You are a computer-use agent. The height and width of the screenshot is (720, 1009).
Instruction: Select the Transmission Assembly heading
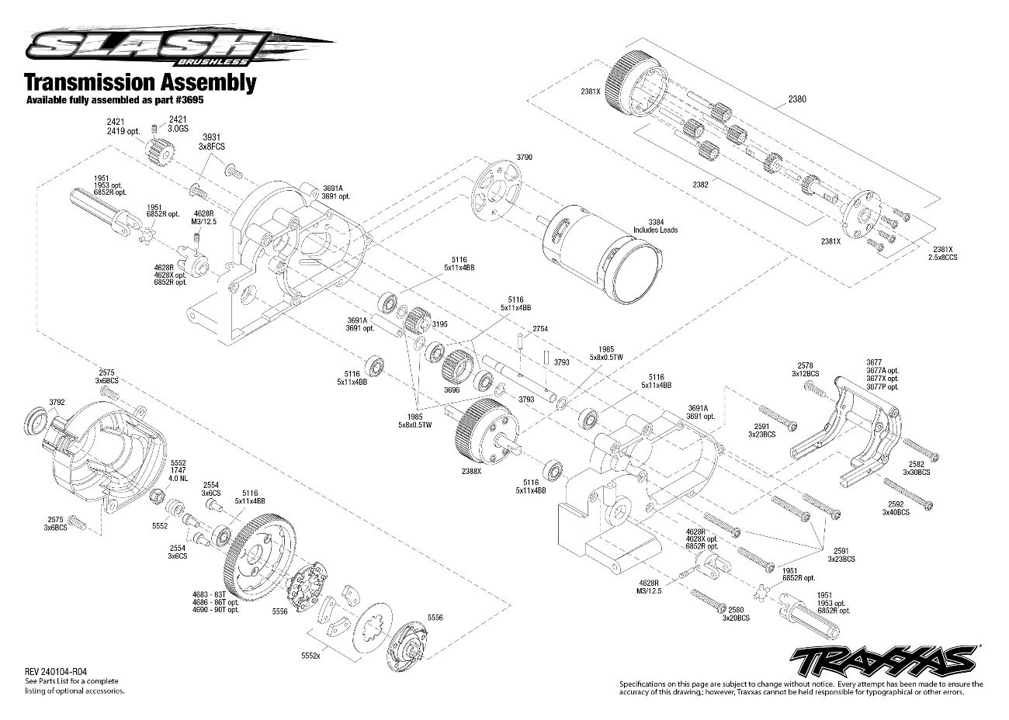140,82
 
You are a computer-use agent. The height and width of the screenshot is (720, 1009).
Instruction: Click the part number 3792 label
57,402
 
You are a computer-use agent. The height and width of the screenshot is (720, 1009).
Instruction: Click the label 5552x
311,654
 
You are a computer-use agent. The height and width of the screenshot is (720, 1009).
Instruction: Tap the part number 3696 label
452,391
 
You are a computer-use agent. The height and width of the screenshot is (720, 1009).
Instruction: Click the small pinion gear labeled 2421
158,147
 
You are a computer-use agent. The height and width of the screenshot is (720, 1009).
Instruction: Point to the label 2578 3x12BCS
805,369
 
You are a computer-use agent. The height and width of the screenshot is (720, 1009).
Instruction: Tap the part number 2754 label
540,330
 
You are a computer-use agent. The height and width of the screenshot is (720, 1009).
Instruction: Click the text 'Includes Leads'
656,230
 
